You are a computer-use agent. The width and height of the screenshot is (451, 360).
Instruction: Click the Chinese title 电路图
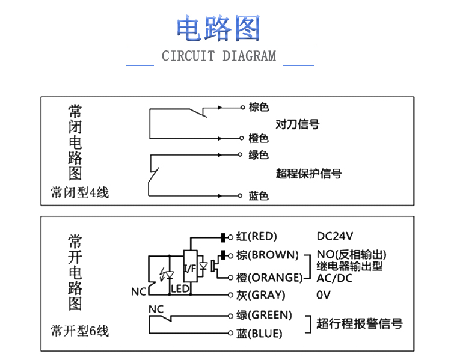click(218, 28)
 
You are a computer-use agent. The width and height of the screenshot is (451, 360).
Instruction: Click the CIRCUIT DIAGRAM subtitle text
click(219, 56)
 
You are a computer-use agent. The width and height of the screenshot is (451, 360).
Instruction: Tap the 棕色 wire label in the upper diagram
click(259, 107)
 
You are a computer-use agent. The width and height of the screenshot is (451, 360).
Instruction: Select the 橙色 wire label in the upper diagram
click(259, 138)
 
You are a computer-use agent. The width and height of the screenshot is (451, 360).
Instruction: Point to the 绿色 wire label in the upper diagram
click(259, 155)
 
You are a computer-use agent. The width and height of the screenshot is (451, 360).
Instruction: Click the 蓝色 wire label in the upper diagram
click(259, 196)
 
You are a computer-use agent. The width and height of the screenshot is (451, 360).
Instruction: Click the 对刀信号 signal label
click(297, 124)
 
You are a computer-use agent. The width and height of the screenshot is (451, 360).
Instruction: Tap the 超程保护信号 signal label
click(308, 174)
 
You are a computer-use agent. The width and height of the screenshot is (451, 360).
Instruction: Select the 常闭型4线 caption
click(80, 192)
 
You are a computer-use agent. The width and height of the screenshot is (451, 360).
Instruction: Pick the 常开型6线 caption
click(80, 331)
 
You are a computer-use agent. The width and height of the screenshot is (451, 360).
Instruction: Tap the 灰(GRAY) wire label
click(260, 295)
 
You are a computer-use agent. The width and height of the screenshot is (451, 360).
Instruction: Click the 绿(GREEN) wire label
click(264, 315)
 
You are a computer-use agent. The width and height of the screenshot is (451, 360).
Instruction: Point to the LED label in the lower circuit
click(180, 290)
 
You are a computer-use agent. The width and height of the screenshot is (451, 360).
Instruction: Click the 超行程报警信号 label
click(360, 323)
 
